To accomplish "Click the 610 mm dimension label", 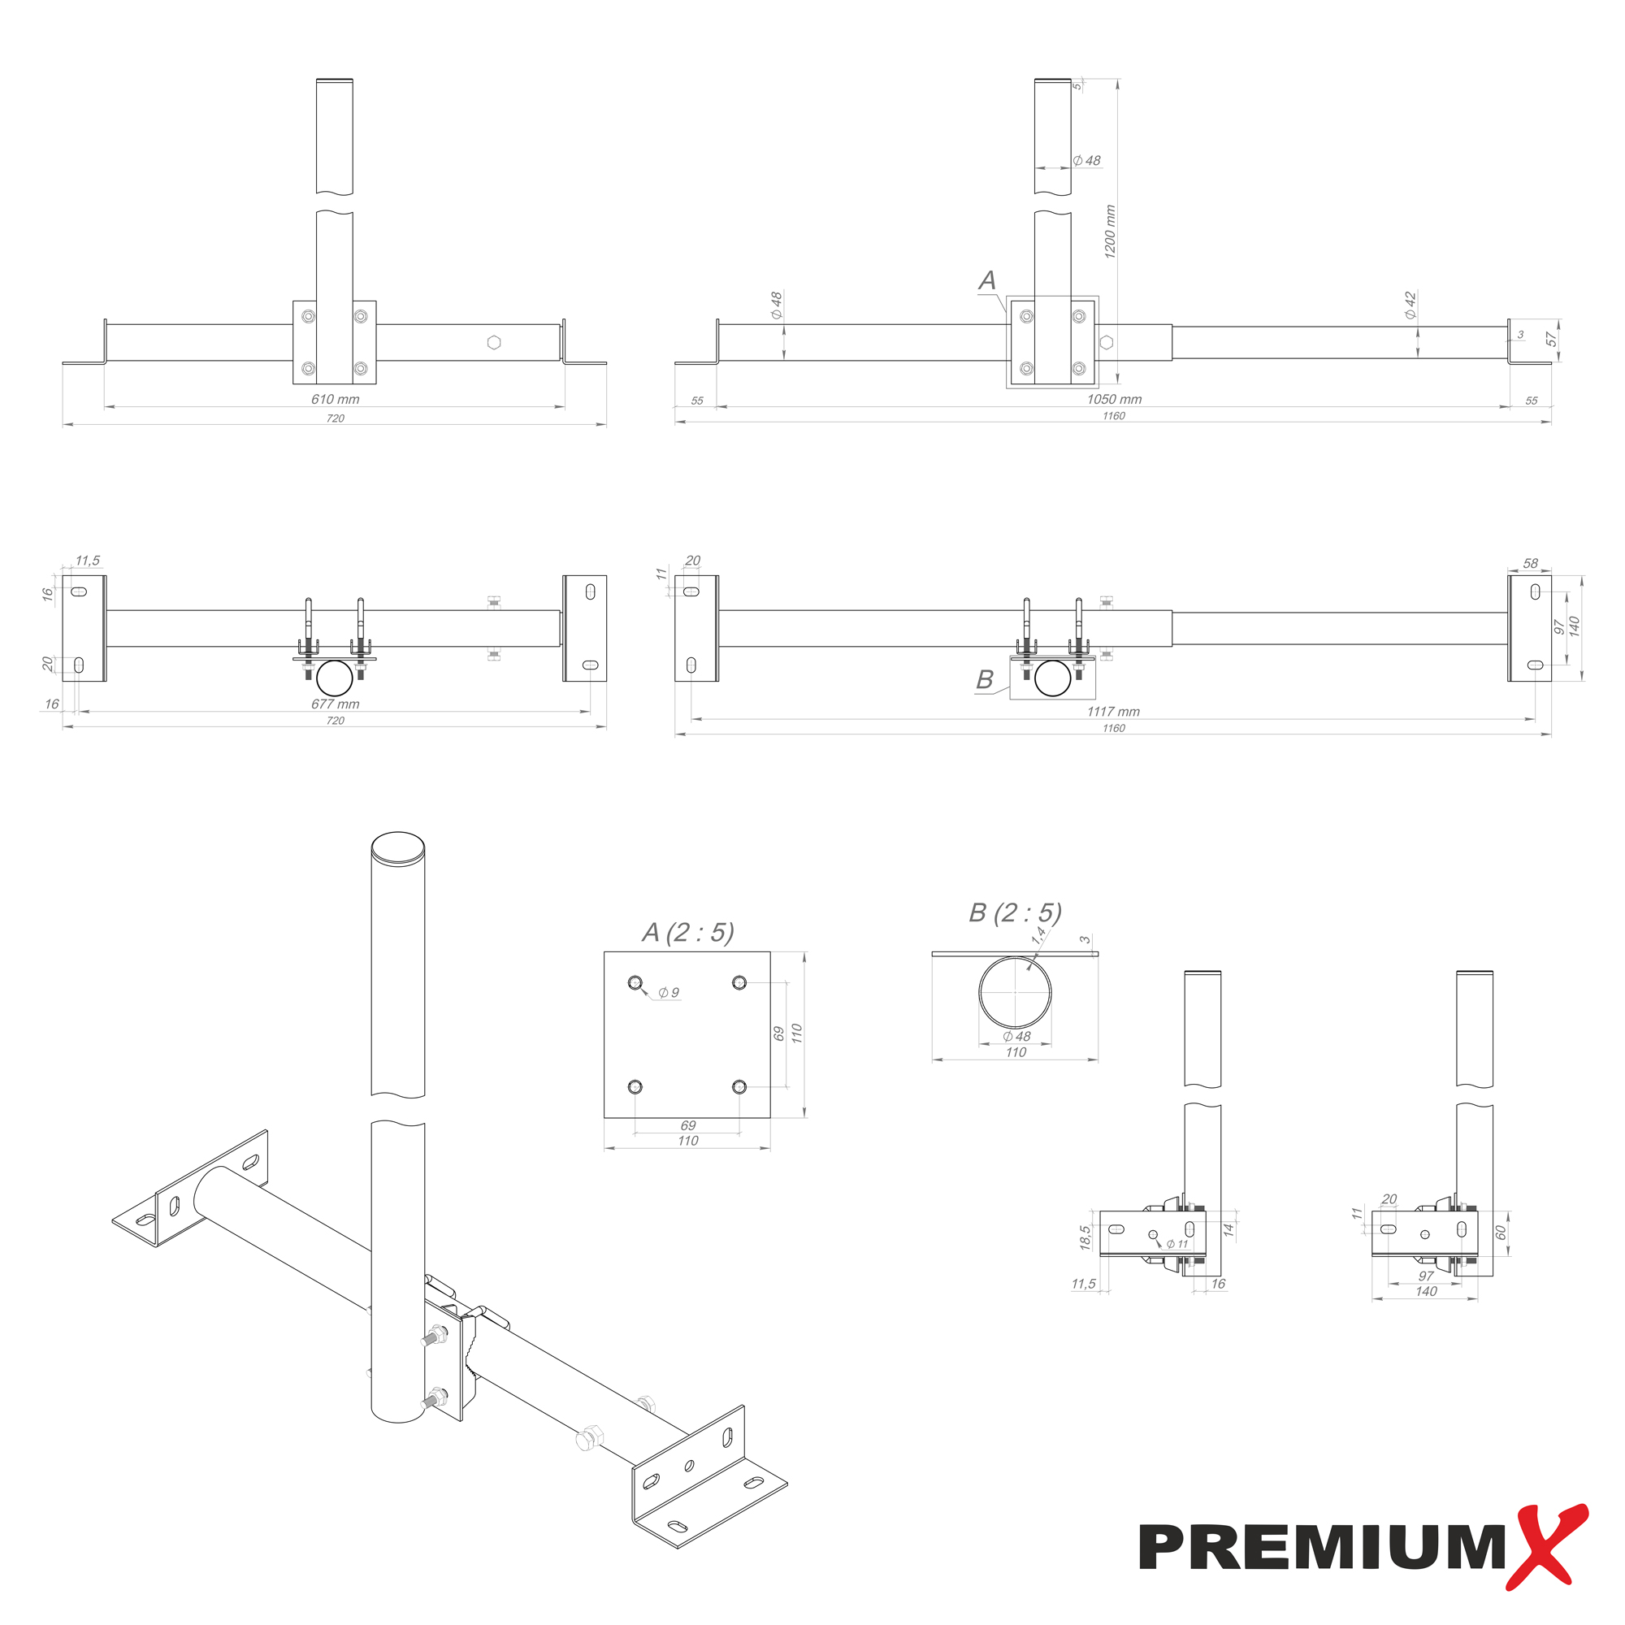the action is [x=335, y=400].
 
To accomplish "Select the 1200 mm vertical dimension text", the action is [x=1110, y=232].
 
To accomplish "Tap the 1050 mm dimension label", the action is [x=1115, y=400].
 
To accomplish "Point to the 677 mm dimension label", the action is [x=335, y=704].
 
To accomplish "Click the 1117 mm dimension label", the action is [x=1114, y=712].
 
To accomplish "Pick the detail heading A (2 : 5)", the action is [x=688, y=932].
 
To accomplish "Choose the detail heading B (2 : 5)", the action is [x=1015, y=912].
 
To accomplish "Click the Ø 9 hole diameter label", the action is [x=669, y=993].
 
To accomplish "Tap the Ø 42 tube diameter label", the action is [x=1410, y=305].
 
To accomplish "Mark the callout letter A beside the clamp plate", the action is [x=987, y=281].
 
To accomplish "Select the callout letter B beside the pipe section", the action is [x=984, y=679].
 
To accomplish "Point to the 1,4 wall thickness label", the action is [x=1040, y=934].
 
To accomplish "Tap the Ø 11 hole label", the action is [x=1177, y=1244].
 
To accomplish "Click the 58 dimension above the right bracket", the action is [x=1531, y=564].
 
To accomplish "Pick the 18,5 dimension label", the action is [x=1085, y=1237].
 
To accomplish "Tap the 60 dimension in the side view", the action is [x=1501, y=1233].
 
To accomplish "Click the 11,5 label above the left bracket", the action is [x=88, y=560].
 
